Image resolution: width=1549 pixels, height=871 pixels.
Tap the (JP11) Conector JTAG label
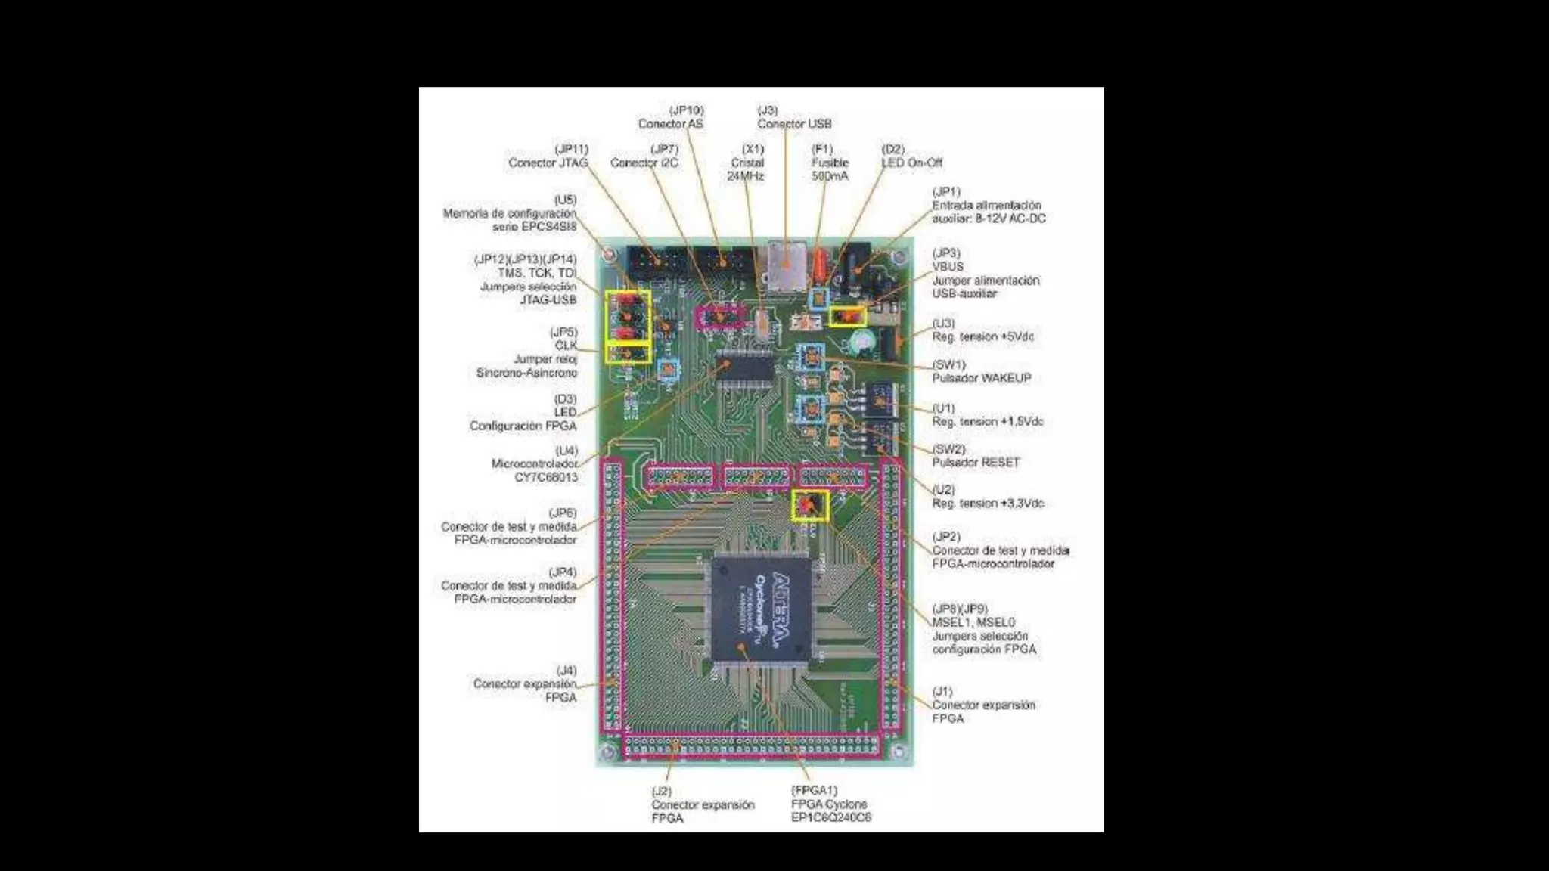tap(548, 157)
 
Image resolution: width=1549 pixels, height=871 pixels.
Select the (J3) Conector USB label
tap(794, 117)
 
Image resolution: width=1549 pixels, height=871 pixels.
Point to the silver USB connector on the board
tap(787, 264)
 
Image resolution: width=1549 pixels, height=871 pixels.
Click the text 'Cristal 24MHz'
tap(747, 169)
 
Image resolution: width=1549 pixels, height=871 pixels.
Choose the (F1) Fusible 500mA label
tap(830, 163)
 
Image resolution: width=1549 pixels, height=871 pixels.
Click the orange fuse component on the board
tap(818, 266)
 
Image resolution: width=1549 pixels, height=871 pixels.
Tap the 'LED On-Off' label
tap(912, 163)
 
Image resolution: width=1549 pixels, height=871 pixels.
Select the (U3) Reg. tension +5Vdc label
tap(982, 330)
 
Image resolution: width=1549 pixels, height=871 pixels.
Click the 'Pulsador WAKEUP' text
tap(981, 378)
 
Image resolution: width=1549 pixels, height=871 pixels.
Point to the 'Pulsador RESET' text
tap(976, 462)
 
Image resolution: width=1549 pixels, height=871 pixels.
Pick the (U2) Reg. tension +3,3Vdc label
tap(987, 497)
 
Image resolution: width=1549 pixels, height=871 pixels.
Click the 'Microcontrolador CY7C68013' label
tap(535, 470)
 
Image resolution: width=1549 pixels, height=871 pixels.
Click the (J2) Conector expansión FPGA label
tap(703, 804)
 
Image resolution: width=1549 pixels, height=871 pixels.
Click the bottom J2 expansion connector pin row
tap(751, 747)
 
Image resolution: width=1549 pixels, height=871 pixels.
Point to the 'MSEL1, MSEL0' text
tap(973, 622)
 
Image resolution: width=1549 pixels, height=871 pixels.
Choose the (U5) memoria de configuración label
tap(511, 213)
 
